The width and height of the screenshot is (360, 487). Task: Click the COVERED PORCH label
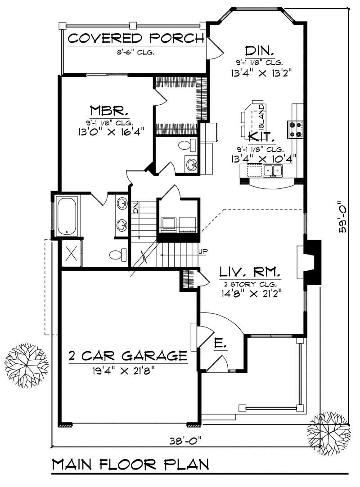135,38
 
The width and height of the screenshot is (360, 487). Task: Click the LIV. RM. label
250,272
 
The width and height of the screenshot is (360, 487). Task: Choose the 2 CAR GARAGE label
128,356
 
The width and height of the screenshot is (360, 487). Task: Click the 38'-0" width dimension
186,439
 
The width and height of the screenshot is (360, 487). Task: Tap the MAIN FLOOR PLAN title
130,465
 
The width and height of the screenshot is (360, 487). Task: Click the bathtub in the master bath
67,215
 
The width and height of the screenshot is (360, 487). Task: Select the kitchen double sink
273,170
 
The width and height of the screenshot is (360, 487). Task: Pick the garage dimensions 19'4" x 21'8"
128,371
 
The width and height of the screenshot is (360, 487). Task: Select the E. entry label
220,344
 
